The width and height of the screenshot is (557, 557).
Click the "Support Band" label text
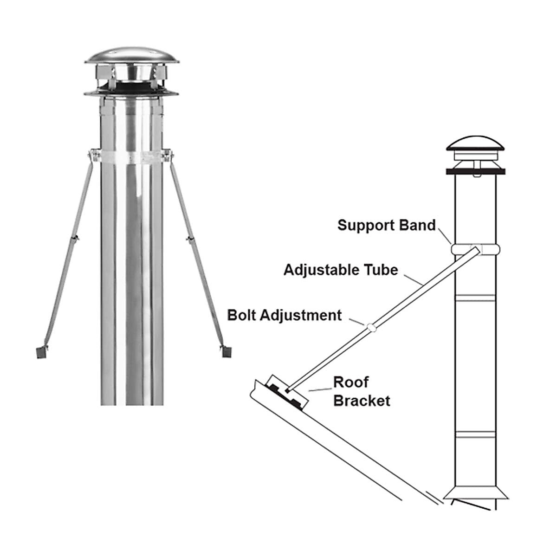pos(386,226)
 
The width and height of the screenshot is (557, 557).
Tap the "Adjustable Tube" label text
pos(341,270)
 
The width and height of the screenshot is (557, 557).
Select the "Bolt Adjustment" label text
pos(284,315)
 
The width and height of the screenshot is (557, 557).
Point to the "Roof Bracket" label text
pos(361,391)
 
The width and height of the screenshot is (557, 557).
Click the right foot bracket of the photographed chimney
pos(226,351)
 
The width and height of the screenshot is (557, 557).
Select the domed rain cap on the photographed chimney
pos(132,56)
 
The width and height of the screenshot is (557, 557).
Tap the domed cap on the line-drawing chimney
pos(475,142)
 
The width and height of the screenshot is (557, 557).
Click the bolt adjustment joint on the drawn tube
pos(371,327)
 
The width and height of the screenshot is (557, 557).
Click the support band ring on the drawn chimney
pos(475,249)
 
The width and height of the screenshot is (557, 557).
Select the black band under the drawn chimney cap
pos(475,171)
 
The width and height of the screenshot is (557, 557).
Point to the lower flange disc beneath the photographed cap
pos(131,93)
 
